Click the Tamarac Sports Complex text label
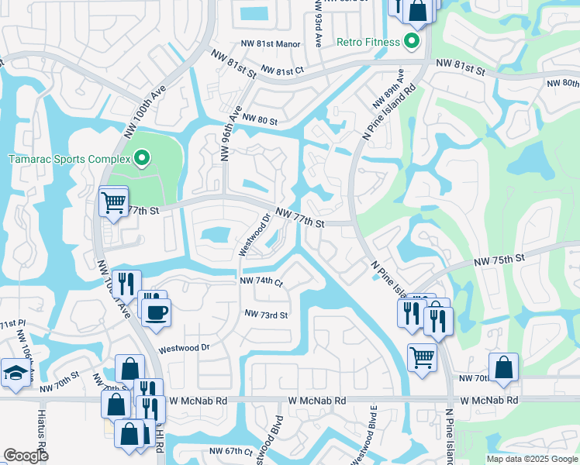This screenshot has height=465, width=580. [67, 160]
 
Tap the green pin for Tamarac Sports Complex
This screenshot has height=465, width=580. [142, 159]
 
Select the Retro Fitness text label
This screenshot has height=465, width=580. [368, 41]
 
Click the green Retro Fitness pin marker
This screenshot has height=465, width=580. [411, 41]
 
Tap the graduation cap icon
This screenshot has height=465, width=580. [16, 374]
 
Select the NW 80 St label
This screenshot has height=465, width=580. [259, 119]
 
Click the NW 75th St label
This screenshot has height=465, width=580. [505, 257]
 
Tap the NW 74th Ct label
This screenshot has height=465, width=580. [261, 281]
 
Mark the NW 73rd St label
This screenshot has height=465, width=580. [266, 315]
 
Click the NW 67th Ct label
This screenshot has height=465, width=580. [231, 451]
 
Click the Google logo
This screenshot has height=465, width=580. [26, 456]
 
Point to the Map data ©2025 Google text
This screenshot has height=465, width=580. [531, 459]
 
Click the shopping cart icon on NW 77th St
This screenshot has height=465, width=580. [114, 203]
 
